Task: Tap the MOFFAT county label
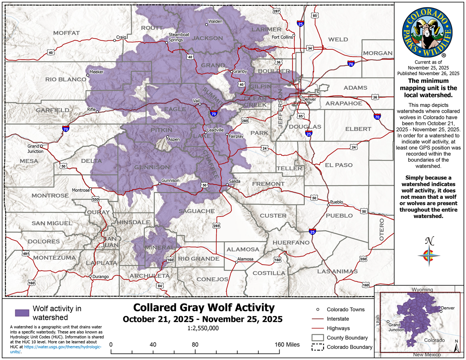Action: (x=66, y=33)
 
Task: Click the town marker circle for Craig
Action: (x=115, y=40)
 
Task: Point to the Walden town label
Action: (x=215, y=21)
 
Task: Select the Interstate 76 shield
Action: (x=351, y=64)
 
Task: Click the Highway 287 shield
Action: (x=276, y=11)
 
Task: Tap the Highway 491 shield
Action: (x=25, y=253)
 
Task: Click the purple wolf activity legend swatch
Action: (x=22, y=313)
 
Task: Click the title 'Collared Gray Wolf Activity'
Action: (x=204, y=308)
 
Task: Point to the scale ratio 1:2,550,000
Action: (x=203, y=328)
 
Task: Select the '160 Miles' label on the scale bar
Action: (x=287, y=344)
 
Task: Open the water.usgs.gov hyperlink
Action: (x=62, y=347)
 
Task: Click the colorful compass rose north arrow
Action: (x=429, y=255)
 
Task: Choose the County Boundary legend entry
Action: (x=347, y=338)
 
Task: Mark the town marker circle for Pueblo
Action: (x=328, y=205)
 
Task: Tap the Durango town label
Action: (x=101, y=276)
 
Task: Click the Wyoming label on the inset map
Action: (x=422, y=289)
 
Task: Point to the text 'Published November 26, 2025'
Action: (x=428, y=73)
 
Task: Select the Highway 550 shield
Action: (x=95, y=199)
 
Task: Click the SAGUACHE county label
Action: (x=197, y=211)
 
